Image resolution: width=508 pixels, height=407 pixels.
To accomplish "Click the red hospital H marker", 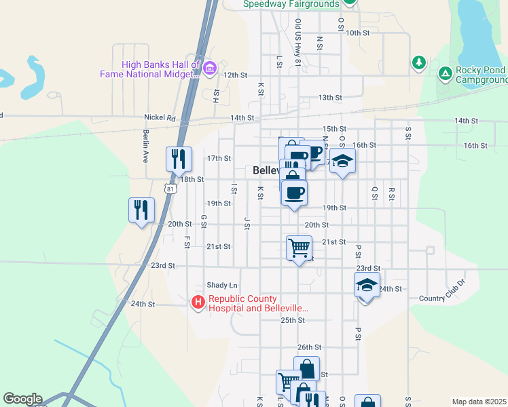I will (198, 302).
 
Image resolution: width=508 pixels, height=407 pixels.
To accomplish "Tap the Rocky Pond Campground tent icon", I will (445, 73).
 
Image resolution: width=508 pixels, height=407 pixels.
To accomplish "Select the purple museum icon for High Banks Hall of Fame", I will (209, 67).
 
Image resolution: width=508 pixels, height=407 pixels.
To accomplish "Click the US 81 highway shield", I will (170, 189).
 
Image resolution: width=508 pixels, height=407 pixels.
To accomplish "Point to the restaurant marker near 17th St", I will (179, 159).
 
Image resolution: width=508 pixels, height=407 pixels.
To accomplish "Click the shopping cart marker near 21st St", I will (299, 248).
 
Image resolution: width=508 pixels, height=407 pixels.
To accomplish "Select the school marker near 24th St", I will (367, 286).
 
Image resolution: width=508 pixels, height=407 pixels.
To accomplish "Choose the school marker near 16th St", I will (342, 161).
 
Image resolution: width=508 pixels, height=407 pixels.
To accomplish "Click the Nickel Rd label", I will (161, 118).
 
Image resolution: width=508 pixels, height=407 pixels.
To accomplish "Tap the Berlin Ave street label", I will (145, 147).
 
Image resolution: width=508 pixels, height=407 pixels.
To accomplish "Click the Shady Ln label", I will (222, 286).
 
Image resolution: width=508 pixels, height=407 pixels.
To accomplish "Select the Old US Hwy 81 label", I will (297, 42).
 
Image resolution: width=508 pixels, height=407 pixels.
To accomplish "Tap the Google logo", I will (22, 399).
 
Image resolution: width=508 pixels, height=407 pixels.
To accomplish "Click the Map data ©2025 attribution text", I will (478, 402).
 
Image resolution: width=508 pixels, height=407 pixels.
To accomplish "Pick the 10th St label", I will (357, 33).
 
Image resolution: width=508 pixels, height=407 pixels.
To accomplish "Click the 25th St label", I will (292, 320).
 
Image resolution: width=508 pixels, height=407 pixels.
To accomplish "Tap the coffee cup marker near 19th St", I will (294, 193).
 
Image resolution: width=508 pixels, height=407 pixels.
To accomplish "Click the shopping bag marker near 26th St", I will (306, 369).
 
